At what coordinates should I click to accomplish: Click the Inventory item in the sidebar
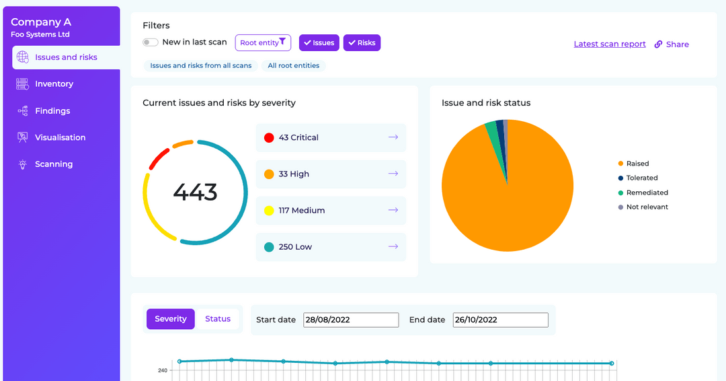pos(54,84)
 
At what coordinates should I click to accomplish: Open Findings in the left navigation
pos(52,111)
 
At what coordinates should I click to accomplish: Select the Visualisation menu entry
pos(60,137)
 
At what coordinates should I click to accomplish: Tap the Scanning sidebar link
pos(54,164)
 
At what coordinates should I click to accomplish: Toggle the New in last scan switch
pos(151,42)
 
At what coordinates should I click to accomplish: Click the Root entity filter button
pos(263,43)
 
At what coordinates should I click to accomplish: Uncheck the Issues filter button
pos(319,43)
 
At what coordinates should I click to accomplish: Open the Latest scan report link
pos(610,44)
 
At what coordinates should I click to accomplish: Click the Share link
pos(672,44)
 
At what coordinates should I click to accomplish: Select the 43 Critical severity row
pos(331,137)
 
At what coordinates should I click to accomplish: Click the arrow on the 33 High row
pos(393,174)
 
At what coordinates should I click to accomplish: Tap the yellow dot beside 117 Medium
pos(269,211)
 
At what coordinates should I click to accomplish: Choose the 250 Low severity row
pos(331,247)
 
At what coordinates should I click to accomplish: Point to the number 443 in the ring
pos(195,193)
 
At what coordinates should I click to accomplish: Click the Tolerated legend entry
pos(641,178)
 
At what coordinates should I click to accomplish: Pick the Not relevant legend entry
pos(647,207)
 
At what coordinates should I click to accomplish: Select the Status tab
pos(218,319)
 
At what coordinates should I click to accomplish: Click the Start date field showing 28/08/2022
pos(351,320)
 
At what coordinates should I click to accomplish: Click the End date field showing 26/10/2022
pos(500,320)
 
